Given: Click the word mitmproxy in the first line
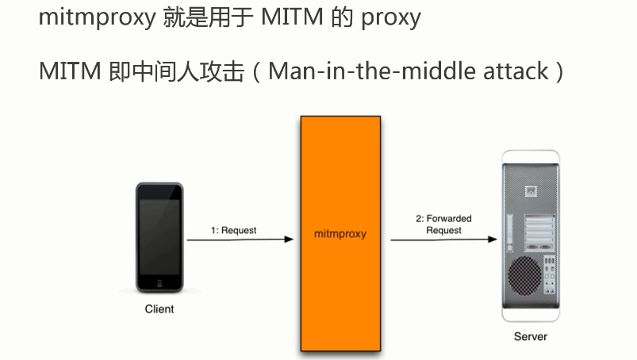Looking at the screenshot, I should pyautogui.click(x=95, y=17).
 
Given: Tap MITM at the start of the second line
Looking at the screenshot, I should pyautogui.click(x=69, y=71).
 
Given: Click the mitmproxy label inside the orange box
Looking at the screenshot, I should pyautogui.click(x=340, y=235).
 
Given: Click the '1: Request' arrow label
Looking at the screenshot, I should pyautogui.click(x=233, y=231).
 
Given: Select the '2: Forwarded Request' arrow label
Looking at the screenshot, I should pyautogui.click(x=443, y=224).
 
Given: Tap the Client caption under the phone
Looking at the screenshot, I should pyautogui.click(x=159, y=309).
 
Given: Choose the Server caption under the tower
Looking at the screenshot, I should pyautogui.click(x=531, y=336).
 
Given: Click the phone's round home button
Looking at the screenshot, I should pyautogui.click(x=159, y=282).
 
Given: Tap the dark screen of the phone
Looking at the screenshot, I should pyautogui.click(x=159, y=234).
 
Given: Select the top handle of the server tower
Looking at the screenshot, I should pyautogui.click(x=531, y=156).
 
